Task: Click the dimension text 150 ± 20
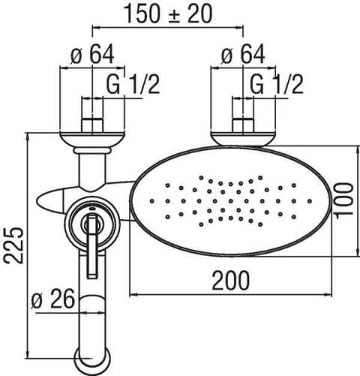coord(166,14)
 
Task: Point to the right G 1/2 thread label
coord(276,85)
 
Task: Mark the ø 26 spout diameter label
coord(53,299)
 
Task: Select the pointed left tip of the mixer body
coord(41,200)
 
